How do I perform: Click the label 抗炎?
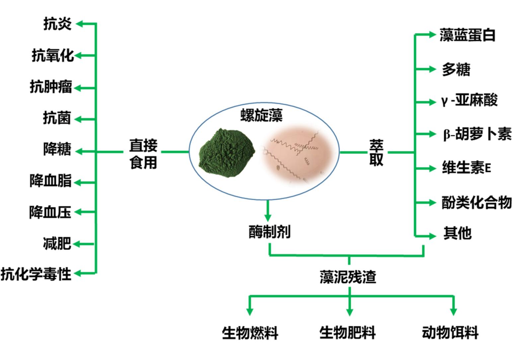[x=57, y=24]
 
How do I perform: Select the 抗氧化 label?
[x=53, y=55]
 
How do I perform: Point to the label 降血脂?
[x=50, y=181]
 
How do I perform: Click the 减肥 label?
[x=57, y=244]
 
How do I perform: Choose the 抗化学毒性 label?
[x=36, y=274]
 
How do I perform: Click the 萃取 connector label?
[x=376, y=153]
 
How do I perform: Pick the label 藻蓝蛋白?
[x=467, y=35]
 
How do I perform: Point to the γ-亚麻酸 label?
[x=470, y=100]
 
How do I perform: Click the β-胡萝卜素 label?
[x=477, y=134]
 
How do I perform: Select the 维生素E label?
[x=466, y=168]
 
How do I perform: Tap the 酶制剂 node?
[x=269, y=232]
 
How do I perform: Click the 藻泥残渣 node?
[x=348, y=277]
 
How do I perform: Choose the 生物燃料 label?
[x=250, y=333]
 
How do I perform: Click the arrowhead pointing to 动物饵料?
[x=453, y=312]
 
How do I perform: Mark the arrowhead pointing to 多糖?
[x=432, y=69]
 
